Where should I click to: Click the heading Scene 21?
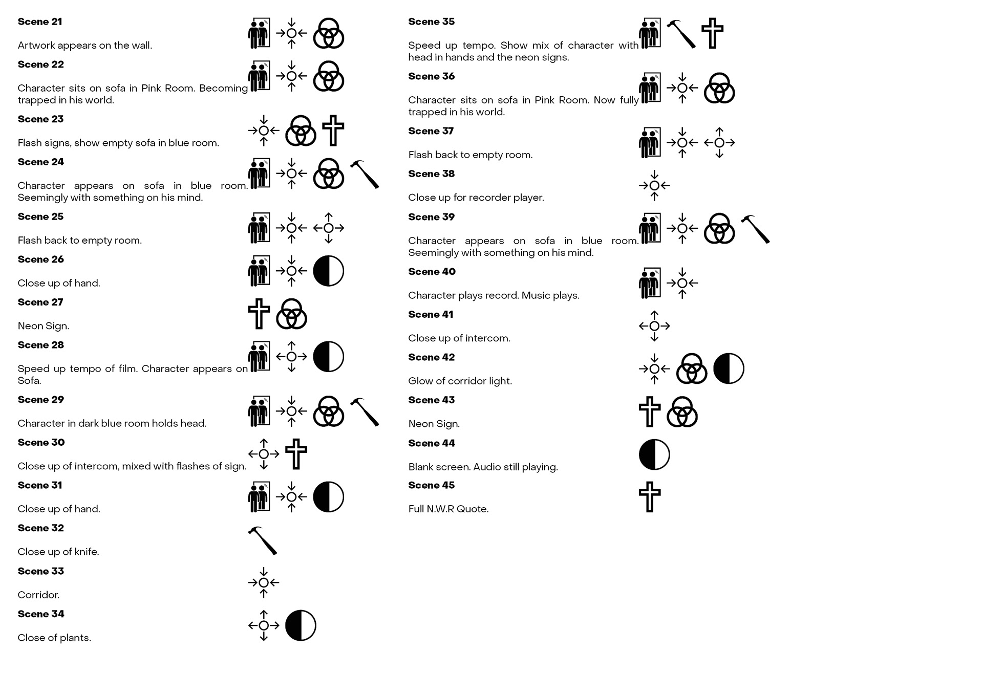(x=40, y=21)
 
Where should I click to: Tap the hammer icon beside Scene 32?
(x=263, y=540)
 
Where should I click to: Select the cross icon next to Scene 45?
(x=650, y=497)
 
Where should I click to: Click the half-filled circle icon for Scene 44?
(x=654, y=454)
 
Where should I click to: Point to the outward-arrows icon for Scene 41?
(x=654, y=326)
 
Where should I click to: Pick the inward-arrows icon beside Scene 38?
(x=654, y=185)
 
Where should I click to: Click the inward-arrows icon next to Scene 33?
(x=264, y=582)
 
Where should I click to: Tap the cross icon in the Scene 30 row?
(x=296, y=454)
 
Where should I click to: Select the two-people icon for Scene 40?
(x=650, y=283)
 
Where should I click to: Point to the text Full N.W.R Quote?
(x=448, y=509)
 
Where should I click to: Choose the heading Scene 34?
(x=41, y=614)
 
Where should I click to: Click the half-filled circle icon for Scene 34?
(x=301, y=625)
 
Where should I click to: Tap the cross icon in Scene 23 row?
(x=333, y=131)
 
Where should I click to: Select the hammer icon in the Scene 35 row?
(x=681, y=33)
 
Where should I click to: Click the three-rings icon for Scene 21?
(x=328, y=33)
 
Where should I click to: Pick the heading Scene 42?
(x=431, y=357)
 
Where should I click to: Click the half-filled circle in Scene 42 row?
(x=729, y=368)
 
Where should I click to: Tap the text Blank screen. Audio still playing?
(x=483, y=467)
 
